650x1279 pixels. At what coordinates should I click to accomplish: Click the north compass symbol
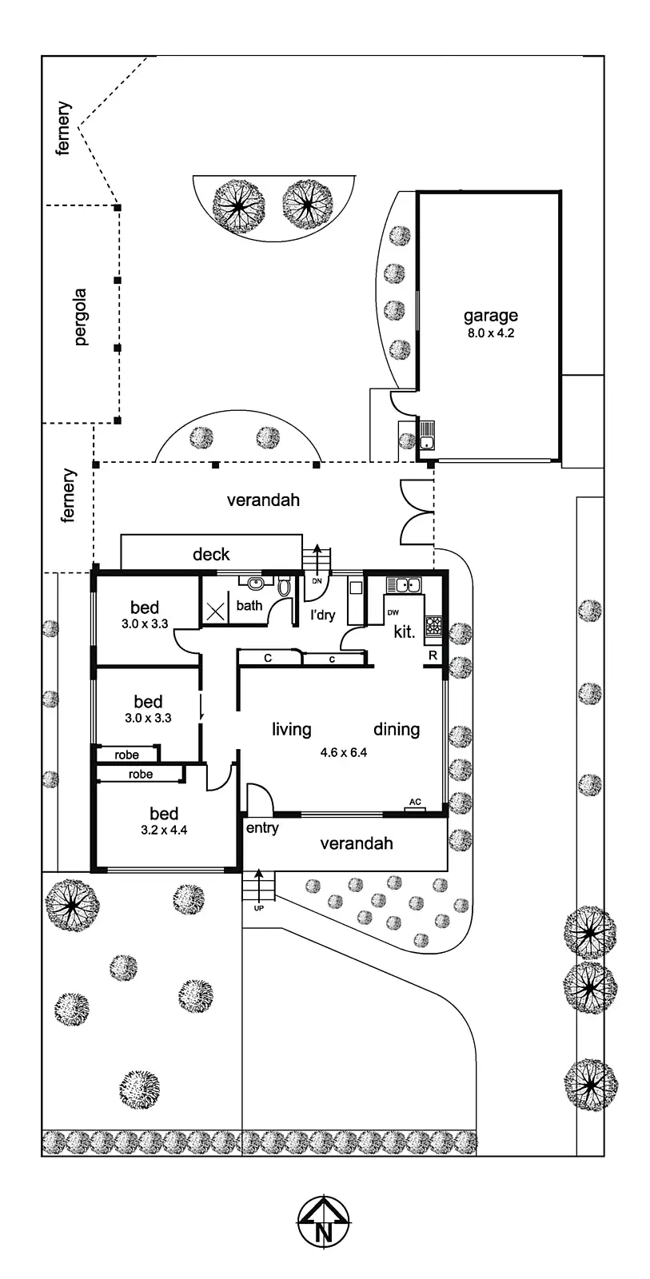pyautogui.click(x=324, y=1221)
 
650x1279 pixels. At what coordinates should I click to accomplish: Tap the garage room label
pyautogui.click(x=491, y=316)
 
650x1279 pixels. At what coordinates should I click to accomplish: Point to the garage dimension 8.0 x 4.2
pyautogui.click(x=491, y=333)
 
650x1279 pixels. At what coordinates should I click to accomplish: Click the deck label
pyautogui.click(x=211, y=554)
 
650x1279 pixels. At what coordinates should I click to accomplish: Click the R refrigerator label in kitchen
pyautogui.click(x=433, y=655)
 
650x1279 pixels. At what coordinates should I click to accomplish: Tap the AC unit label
pyautogui.click(x=415, y=802)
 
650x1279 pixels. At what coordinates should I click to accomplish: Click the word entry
pyautogui.click(x=262, y=828)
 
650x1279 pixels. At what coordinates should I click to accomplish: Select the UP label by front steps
pyautogui.click(x=258, y=908)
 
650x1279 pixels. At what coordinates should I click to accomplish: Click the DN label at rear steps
pyautogui.click(x=317, y=581)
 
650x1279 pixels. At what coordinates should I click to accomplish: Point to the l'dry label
pyautogui.click(x=323, y=616)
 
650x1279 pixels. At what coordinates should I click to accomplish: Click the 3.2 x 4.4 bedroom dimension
pyautogui.click(x=164, y=830)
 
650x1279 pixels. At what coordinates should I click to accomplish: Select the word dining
pyautogui.click(x=397, y=729)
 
